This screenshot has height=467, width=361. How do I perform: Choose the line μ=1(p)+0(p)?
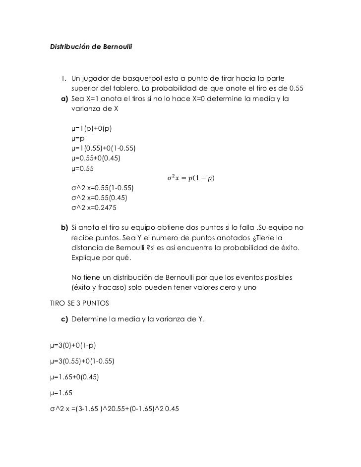coord(92,129)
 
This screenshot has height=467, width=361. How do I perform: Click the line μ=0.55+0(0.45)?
coord(96,158)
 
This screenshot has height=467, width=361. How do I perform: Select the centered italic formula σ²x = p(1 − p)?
coord(191,178)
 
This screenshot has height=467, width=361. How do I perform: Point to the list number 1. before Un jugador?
coord(64,79)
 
